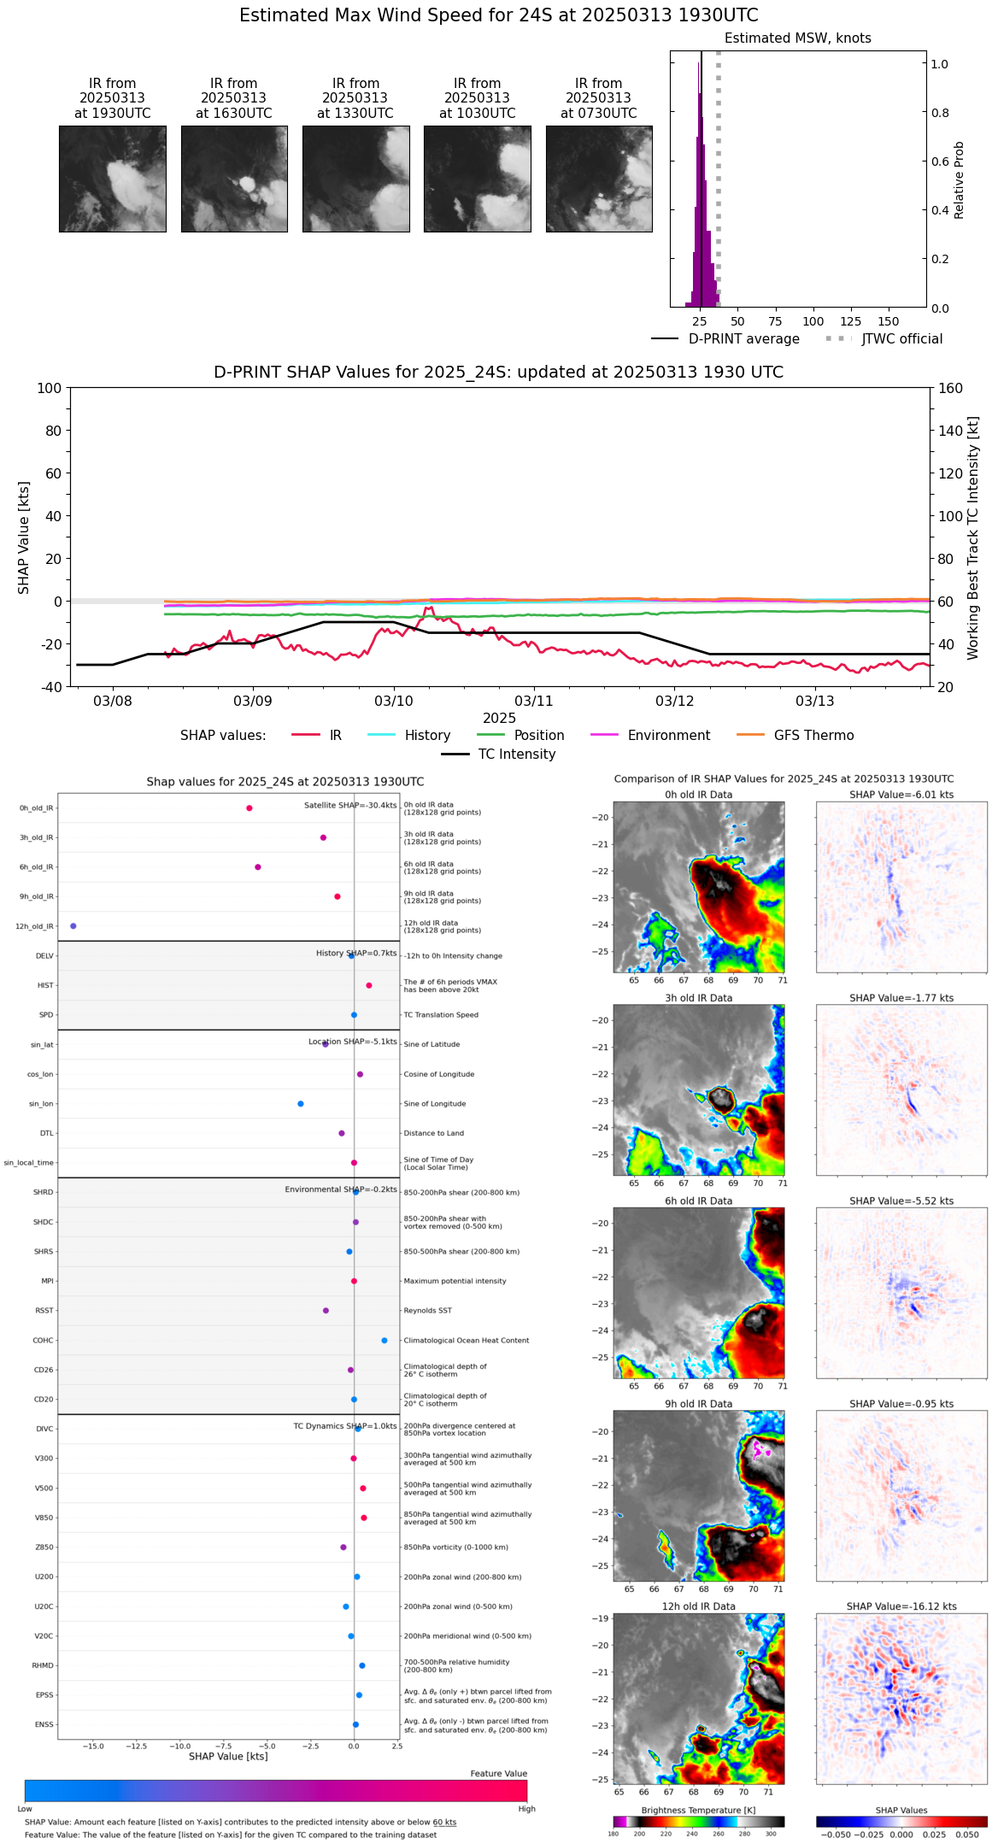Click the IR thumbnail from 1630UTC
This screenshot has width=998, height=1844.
tap(234, 179)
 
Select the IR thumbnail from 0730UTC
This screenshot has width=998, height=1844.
tap(599, 179)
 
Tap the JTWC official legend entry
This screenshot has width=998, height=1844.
tap(884, 339)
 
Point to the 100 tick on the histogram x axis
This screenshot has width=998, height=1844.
tap(813, 321)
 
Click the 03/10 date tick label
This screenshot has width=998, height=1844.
tap(393, 701)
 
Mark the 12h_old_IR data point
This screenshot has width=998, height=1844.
tap(73, 926)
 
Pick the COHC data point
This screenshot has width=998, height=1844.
tap(385, 1340)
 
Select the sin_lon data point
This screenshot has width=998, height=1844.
tap(301, 1104)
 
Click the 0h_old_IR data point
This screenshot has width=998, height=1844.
tap(249, 808)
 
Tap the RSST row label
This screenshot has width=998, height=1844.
tap(44, 1311)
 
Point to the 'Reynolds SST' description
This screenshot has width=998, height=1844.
tap(428, 1311)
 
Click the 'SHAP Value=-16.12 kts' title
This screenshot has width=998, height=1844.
tap(901, 1606)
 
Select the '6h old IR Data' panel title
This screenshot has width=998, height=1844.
tap(698, 1201)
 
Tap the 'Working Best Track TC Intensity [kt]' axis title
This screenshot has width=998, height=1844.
tap(973, 538)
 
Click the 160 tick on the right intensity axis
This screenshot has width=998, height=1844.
tap(950, 388)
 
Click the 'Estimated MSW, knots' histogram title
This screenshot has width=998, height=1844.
tap(797, 38)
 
